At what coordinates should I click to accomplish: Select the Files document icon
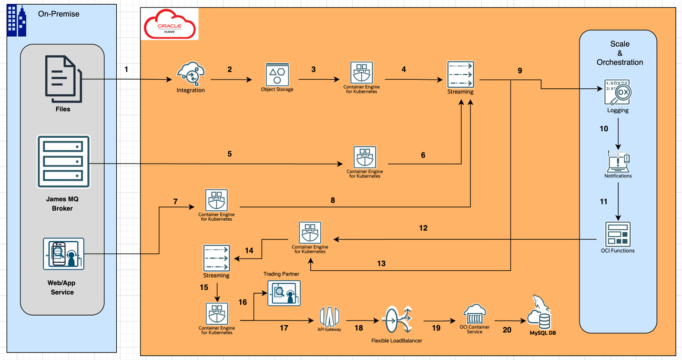(x=63, y=79)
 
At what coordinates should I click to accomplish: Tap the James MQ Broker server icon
(x=63, y=161)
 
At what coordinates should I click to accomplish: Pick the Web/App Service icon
(x=63, y=254)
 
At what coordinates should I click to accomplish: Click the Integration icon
(x=191, y=73)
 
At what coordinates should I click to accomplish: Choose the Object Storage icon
(x=277, y=74)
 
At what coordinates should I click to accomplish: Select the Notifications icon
(x=618, y=161)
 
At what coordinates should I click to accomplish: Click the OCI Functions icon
(x=618, y=234)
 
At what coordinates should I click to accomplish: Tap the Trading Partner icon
(x=284, y=293)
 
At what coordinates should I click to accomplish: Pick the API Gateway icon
(x=329, y=317)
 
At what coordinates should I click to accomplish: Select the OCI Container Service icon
(x=475, y=315)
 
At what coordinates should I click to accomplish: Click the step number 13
(x=381, y=263)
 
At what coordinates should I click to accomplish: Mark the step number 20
(x=507, y=329)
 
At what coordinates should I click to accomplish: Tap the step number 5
(x=229, y=154)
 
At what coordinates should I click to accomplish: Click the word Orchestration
(x=620, y=62)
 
